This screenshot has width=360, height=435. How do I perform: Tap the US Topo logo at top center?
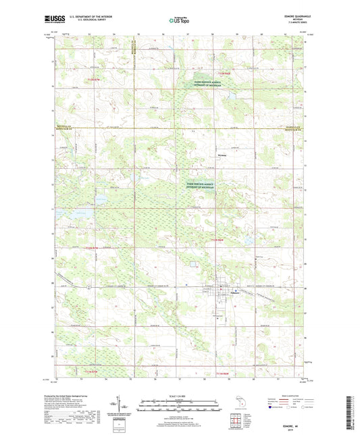tap(179, 21)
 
